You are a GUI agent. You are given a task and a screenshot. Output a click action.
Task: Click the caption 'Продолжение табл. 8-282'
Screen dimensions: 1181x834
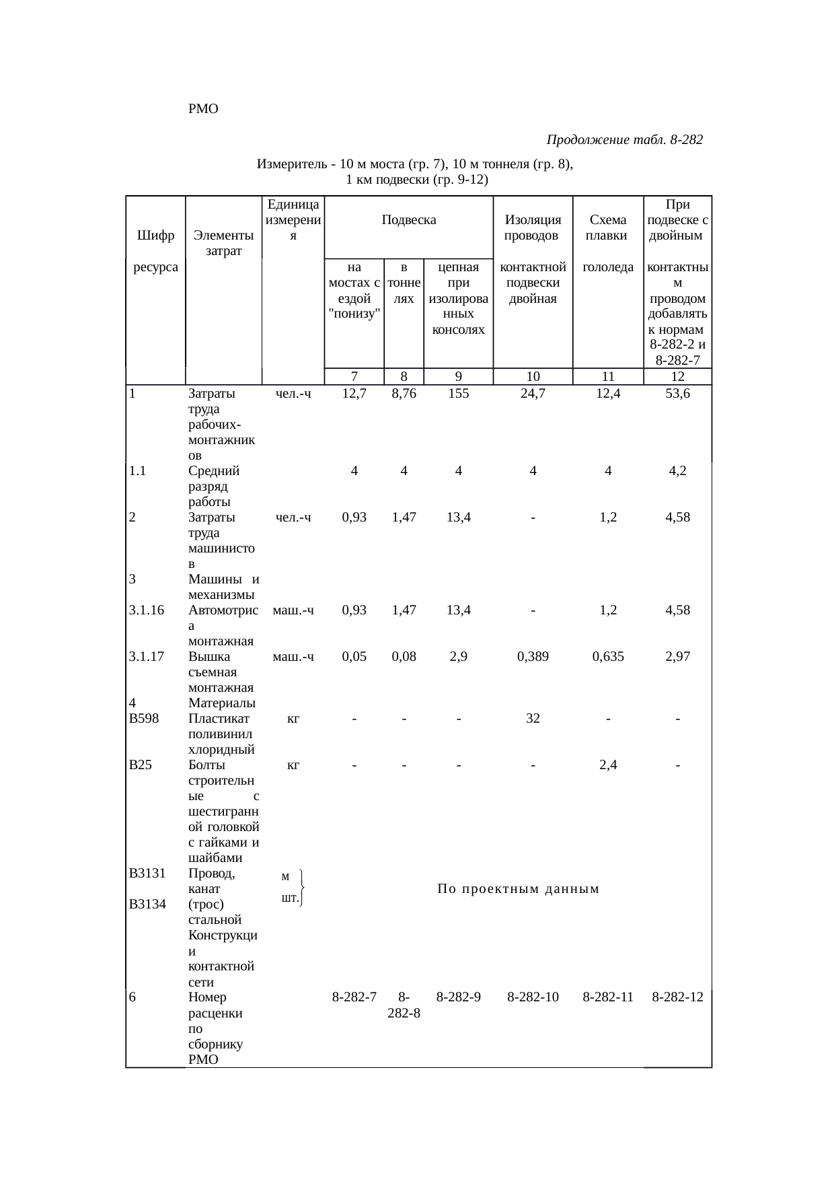(x=625, y=140)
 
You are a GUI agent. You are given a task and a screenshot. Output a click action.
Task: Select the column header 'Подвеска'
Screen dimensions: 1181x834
(x=409, y=219)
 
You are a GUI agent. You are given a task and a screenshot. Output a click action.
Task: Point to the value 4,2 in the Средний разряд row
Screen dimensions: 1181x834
(x=677, y=471)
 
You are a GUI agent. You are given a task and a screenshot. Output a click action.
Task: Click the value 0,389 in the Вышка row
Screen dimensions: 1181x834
(x=533, y=657)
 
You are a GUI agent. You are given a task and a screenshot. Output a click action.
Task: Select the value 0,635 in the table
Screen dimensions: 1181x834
(x=608, y=657)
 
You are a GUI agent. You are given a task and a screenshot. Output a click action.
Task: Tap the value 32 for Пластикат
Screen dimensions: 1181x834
(x=533, y=719)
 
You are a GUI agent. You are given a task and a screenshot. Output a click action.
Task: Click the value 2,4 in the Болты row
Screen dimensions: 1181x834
(x=608, y=765)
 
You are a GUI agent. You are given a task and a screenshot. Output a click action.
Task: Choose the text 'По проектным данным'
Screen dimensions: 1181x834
(x=518, y=890)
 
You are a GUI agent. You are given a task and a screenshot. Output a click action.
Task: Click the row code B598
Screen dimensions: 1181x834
(x=144, y=719)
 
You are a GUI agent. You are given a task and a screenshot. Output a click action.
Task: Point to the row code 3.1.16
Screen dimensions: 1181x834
(x=147, y=610)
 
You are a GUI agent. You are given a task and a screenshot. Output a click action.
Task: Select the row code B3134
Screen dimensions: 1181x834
(x=147, y=904)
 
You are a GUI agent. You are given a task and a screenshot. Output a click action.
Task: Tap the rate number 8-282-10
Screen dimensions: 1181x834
(x=533, y=997)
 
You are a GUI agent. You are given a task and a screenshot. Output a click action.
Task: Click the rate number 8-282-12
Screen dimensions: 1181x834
(x=677, y=997)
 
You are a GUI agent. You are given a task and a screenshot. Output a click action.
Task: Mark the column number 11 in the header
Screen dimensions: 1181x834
(x=608, y=377)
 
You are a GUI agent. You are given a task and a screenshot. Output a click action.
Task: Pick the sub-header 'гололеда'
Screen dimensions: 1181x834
(x=608, y=267)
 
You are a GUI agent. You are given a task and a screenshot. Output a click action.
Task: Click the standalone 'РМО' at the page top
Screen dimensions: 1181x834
(x=204, y=108)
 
